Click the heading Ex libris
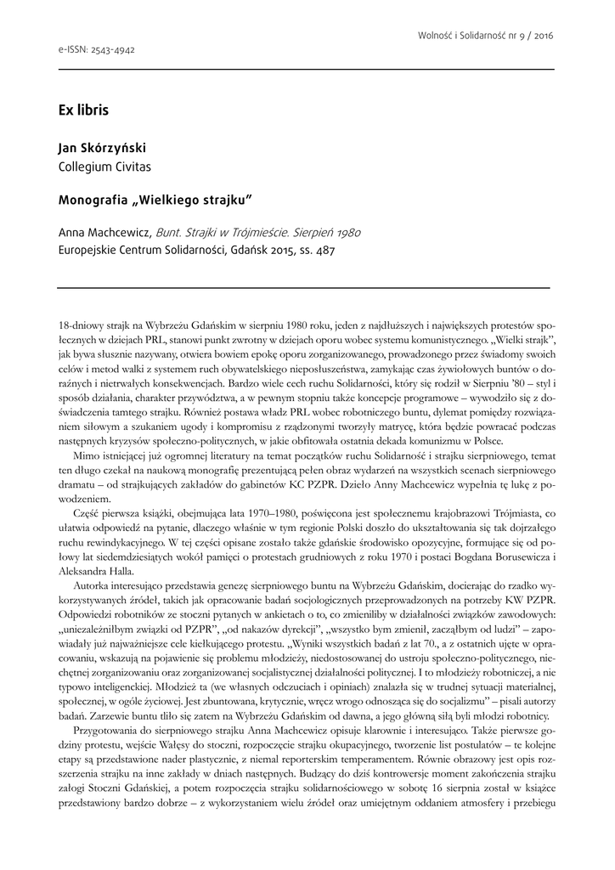click(83, 110)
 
